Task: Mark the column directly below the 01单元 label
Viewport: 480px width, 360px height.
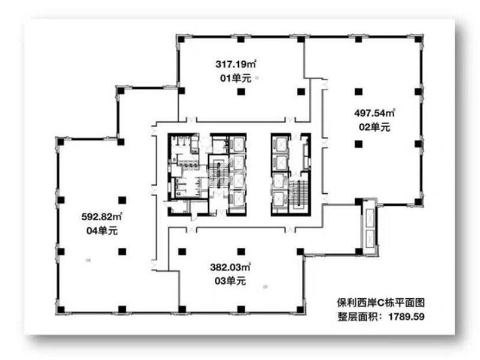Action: [240, 92]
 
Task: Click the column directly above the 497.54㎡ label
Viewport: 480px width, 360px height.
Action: [358, 91]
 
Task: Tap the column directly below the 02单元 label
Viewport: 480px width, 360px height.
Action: [358, 143]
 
